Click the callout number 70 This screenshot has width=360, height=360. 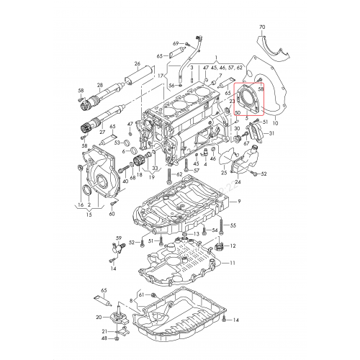coord(261,27)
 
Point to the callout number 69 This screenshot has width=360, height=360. coord(174,44)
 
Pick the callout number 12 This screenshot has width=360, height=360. coord(233,247)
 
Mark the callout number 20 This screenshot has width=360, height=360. coord(99,317)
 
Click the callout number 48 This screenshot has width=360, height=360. coord(104,338)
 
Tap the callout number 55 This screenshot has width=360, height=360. coord(233,225)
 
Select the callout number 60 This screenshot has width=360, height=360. coord(112,214)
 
